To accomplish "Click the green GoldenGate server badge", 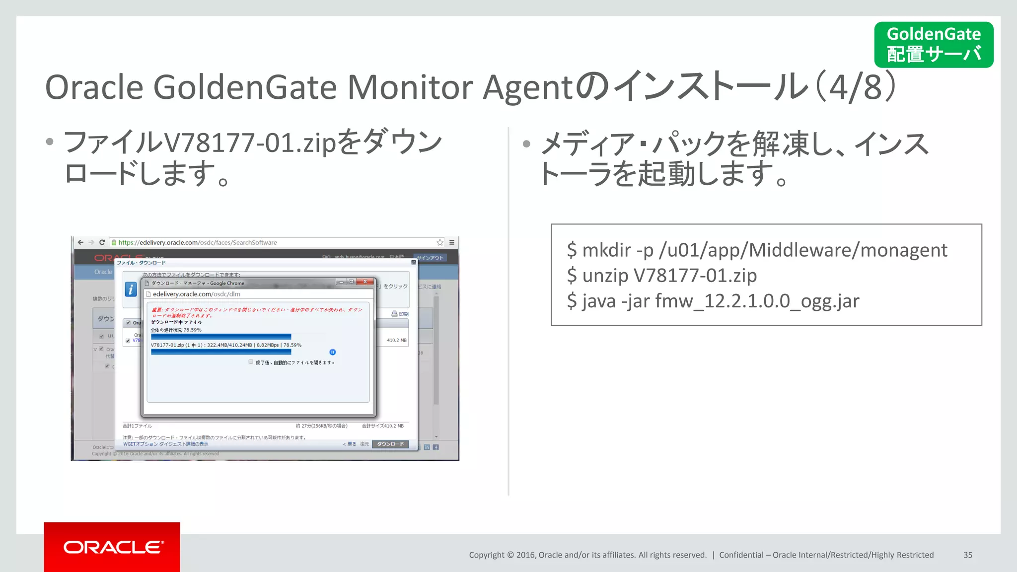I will (x=934, y=44).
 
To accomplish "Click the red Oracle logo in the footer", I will (x=112, y=547).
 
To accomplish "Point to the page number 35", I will (x=968, y=555).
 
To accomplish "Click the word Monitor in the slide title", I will (x=410, y=87).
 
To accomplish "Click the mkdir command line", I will (x=757, y=250).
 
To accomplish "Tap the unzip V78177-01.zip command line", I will (x=662, y=276).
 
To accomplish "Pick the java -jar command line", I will (x=713, y=301).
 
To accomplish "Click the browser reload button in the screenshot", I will (x=102, y=242).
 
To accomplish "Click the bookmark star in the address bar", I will (x=440, y=242).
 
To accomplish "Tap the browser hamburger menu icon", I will (x=452, y=242).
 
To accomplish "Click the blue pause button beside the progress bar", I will (x=333, y=352).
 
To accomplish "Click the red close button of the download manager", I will (x=365, y=282).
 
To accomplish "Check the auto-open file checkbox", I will (x=251, y=362).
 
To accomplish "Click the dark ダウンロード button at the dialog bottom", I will (x=390, y=444).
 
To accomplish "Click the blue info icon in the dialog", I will (x=131, y=289).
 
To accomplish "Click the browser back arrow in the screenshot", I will (x=80, y=242).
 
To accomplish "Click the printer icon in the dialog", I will (x=394, y=314).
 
